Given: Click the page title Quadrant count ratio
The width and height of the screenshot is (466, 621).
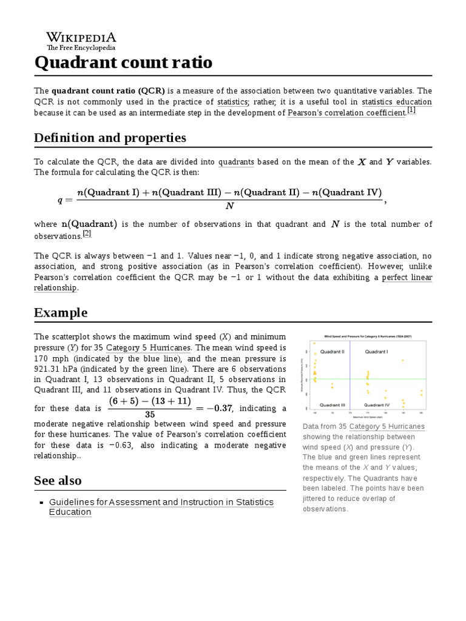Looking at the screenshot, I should tap(123, 62).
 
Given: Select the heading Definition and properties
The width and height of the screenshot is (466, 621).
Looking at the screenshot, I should tap(110, 138).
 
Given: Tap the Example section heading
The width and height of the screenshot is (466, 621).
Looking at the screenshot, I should tap(61, 312).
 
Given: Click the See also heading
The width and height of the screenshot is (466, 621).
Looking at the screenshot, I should tap(58, 480).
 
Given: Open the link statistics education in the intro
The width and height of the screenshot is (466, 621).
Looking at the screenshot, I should tap(397, 102).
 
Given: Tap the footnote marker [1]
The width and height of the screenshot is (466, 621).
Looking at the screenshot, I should tap(411, 110).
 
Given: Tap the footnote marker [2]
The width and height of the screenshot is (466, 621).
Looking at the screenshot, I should tap(87, 233).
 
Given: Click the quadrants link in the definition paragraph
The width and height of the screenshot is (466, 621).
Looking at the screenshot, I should tap(236, 162).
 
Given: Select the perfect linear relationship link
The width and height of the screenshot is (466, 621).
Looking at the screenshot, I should tap(407, 277).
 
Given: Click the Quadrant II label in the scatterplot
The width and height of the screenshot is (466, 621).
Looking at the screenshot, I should tap(333, 352).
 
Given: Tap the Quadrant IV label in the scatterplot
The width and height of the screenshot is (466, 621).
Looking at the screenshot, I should tap(376, 404).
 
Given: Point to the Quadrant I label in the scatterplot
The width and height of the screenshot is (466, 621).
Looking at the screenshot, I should tap(376, 352).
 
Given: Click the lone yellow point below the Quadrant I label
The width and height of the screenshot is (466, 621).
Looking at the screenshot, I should tap(402, 361).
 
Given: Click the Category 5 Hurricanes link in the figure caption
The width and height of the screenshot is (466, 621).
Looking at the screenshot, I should tap(387, 426).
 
